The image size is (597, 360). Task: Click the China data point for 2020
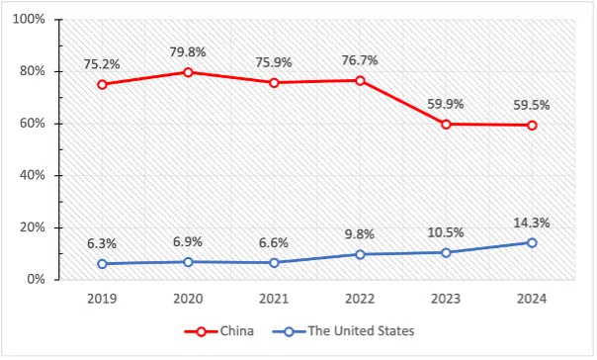[188, 72]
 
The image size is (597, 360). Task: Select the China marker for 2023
[446, 124]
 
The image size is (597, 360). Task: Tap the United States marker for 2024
[532, 242]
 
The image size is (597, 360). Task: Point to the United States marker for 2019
[102, 263]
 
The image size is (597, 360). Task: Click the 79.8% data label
[188, 50]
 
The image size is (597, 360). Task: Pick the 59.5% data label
[532, 104]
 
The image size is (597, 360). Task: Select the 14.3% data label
[532, 222]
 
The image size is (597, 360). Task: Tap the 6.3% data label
[102, 243]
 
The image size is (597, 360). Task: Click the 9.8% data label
[360, 234]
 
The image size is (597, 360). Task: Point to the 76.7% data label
[360, 59]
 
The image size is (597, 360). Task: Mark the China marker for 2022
[360, 80]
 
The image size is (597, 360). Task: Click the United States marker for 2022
[360, 254]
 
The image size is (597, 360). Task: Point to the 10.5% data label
[446, 232]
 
